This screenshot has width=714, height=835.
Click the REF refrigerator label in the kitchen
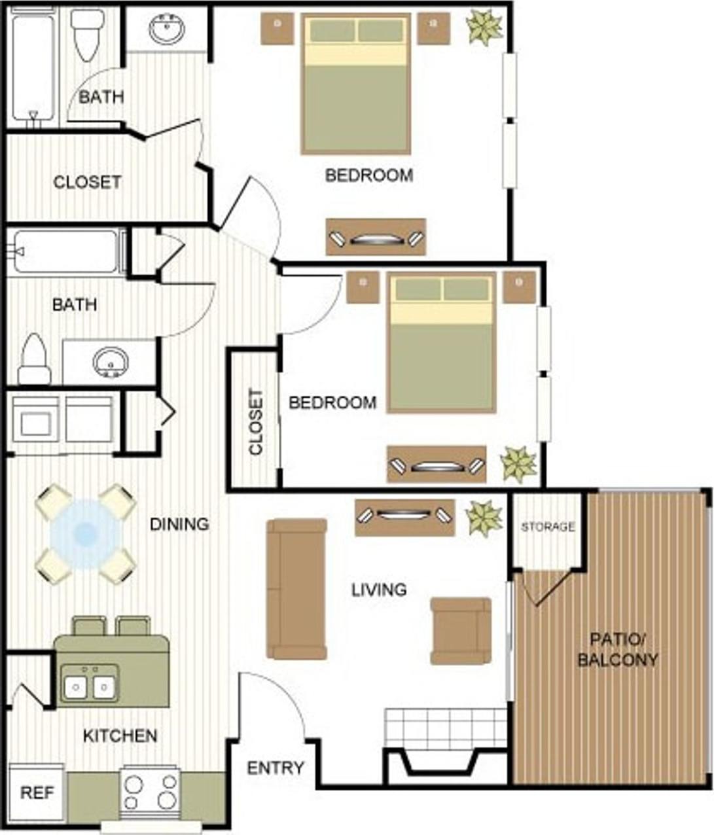[37, 793]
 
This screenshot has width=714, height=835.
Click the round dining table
[85, 533]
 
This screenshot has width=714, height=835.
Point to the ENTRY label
[275, 768]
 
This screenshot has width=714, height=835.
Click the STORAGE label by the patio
[548, 526]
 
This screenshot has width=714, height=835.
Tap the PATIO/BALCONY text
[617, 649]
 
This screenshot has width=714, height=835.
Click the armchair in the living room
[461, 630]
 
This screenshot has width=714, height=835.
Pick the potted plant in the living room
[484, 517]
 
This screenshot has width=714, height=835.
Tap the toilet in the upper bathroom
[88, 34]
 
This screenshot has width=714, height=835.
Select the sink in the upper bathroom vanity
[166, 29]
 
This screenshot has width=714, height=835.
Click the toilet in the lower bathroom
[34, 360]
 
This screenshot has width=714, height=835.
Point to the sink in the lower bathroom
[110, 361]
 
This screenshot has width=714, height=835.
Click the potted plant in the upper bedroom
[484, 27]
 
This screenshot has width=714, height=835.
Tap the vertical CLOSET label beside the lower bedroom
[255, 422]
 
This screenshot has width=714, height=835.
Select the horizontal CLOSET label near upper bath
[87, 182]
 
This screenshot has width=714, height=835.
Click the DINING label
[179, 524]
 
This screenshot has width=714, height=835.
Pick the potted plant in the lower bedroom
[518, 464]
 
